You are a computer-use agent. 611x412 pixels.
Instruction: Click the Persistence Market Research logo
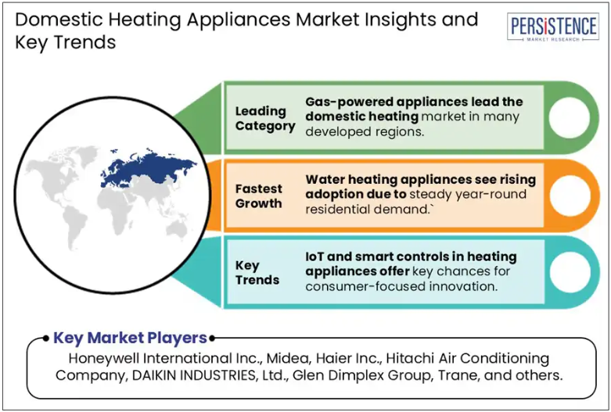[553, 27]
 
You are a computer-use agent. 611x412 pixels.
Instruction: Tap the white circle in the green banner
[570, 117]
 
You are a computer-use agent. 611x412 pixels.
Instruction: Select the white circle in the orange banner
[570, 196]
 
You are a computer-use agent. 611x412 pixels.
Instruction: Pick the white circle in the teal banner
[570, 273]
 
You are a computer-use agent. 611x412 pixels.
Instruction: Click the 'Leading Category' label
[265, 118]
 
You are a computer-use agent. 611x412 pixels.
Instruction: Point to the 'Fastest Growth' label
[259, 196]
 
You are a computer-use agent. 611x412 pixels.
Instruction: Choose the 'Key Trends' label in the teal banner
[257, 273]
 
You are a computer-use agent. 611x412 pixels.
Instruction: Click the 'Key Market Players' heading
[130, 338]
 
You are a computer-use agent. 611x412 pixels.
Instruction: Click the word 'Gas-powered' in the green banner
[348, 102]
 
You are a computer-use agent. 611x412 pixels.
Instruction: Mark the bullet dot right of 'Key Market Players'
[211, 338]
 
